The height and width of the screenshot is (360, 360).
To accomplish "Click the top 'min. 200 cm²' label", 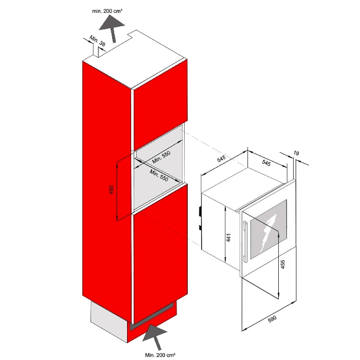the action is [x=107, y=11].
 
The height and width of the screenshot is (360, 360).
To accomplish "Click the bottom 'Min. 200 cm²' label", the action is [x=160, y=355].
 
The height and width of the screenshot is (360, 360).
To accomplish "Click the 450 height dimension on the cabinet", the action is [x=112, y=190].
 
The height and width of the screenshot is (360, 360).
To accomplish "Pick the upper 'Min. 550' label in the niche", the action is [x=161, y=157].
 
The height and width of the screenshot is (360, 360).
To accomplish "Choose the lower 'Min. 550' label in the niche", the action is [x=159, y=175].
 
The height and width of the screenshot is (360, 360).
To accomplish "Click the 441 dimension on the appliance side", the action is [x=228, y=238].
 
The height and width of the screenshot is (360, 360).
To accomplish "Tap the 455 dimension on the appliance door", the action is [x=283, y=264].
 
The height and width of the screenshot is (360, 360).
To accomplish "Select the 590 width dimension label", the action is [x=272, y=319].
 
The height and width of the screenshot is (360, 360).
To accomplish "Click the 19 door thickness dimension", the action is [x=296, y=153].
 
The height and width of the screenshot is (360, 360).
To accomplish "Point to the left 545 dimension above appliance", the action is [x=222, y=158].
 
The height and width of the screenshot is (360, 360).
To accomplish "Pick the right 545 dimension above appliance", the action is [x=266, y=163].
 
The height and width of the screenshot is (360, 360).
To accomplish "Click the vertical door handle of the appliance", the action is [x=244, y=241].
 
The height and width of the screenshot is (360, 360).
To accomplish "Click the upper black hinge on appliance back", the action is [x=200, y=211].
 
